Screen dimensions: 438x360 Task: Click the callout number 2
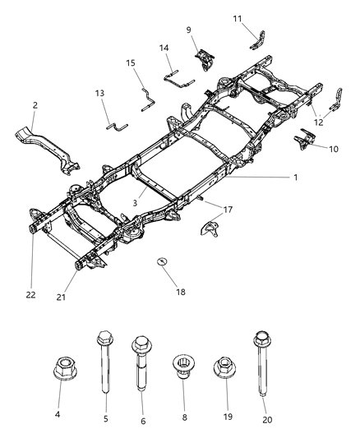coord(35,106)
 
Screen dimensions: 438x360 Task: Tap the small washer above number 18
coord(162,262)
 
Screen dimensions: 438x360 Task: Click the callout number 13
coord(100,95)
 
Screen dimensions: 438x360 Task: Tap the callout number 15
coord(130,63)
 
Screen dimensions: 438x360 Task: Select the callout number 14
coord(164,48)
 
